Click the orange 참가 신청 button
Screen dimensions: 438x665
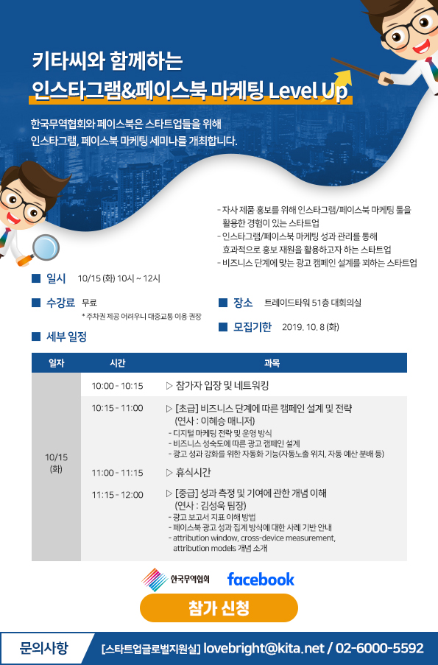pos(219,608)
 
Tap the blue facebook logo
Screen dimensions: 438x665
pos(261,580)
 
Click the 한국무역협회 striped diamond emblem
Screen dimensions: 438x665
pos(155,580)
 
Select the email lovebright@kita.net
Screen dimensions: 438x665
pos(264,648)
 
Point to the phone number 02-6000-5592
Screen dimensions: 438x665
pos(380,648)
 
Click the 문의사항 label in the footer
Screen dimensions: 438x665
pos(43,648)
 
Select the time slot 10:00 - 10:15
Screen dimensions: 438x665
pos(117,386)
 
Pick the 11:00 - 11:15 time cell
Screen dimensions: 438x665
pos(117,473)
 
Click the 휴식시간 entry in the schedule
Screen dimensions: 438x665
pos(193,473)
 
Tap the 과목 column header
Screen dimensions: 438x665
pos(272,363)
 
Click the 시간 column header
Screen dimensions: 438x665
pos(118,363)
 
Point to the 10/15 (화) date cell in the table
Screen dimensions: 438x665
pos(57,462)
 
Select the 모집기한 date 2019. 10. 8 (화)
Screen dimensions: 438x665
pos(311,327)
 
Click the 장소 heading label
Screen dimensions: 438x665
pos(243,303)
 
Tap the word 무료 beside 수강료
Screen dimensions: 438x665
pos(90,303)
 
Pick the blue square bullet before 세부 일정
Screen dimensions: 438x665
pos(36,337)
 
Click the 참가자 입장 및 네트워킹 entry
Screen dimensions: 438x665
pos(222,385)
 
